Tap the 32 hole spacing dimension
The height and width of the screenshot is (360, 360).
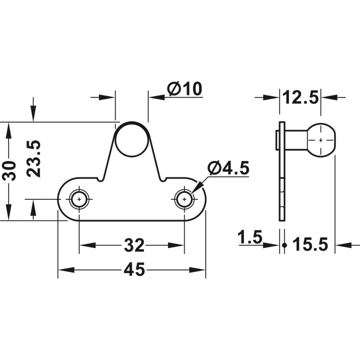(134, 246)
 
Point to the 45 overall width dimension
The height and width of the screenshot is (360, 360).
(134, 270)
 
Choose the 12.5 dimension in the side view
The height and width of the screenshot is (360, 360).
(300, 97)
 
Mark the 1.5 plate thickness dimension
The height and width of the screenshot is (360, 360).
(250, 237)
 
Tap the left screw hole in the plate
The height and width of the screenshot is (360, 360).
(79, 198)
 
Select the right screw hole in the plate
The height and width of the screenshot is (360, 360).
(184, 198)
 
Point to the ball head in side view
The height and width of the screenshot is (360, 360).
(320, 140)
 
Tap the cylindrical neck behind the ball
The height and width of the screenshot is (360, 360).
(296, 140)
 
